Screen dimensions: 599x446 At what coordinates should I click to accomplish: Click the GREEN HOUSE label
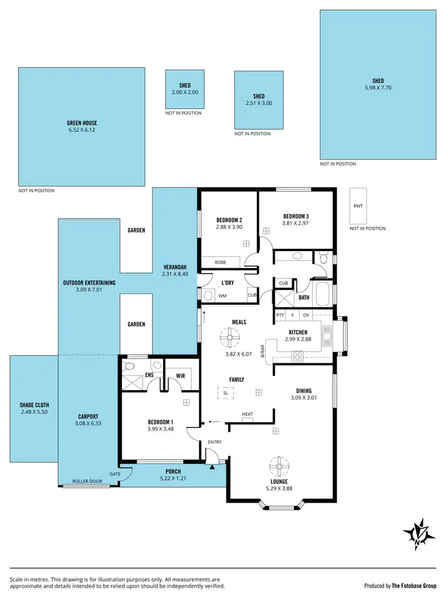click(82, 123)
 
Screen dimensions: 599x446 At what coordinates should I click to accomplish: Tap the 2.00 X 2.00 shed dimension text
click(184, 92)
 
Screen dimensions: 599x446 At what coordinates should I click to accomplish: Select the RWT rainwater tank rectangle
click(357, 206)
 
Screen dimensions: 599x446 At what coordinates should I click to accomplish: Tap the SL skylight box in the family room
click(225, 393)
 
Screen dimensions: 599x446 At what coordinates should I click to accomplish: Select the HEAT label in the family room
click(247, 414)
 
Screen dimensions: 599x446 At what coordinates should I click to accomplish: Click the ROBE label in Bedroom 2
click(212, 262)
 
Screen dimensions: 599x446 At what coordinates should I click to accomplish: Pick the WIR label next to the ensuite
click(180, 375)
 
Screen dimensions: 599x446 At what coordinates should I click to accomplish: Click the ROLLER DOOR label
click(85, 481)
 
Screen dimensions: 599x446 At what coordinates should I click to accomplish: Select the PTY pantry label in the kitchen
click(280, 315)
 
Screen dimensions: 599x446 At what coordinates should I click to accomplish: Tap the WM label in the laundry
click(222, 296)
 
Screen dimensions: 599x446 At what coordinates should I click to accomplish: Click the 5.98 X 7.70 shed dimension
click(378, 88)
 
